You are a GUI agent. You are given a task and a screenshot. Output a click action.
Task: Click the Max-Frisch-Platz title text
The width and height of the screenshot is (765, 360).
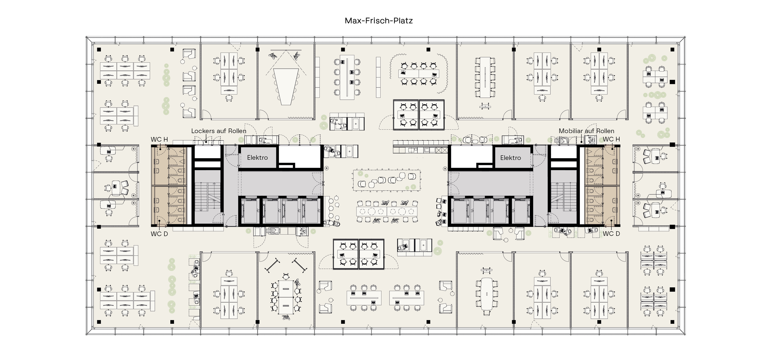coord(379,21)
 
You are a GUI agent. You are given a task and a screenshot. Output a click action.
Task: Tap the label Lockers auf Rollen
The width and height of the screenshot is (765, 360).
coord(219,131)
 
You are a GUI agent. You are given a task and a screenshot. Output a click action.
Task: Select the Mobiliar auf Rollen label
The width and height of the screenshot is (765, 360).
coord(586,131)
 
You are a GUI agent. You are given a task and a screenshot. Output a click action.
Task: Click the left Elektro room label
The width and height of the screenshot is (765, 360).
coord(258,158)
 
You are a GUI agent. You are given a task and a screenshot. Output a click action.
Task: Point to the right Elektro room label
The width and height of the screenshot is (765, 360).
coord(511,158)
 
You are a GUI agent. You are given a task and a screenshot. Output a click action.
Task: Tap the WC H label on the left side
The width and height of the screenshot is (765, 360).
coord(159,139)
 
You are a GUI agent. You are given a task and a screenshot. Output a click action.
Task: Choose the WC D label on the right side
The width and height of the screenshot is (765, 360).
coord(611,234)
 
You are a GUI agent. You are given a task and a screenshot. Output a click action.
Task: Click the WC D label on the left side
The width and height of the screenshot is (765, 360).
coord(159,234)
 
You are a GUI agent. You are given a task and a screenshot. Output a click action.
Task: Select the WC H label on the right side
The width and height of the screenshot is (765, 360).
coord(611,139)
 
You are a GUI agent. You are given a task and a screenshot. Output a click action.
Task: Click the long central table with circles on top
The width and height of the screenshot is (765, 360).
coord(387,211)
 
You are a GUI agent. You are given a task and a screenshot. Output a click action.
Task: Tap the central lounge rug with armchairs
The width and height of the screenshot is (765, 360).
coord(387,180)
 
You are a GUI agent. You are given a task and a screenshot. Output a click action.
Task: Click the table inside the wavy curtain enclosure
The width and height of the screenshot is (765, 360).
coord(419,73)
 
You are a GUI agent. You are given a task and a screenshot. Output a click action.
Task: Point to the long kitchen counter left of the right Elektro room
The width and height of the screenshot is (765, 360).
coord(420,147)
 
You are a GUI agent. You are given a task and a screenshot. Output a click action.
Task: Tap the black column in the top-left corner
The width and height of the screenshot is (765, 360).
coord(99,50)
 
